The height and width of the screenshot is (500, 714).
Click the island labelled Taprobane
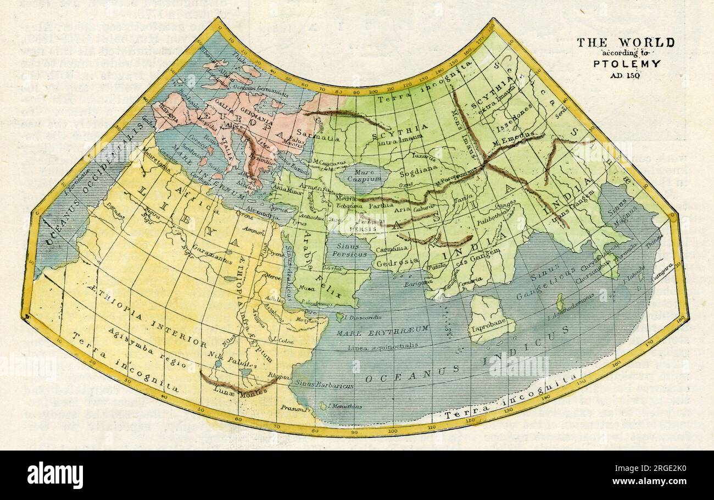(490, 324)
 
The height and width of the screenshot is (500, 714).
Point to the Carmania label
(391, 248)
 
